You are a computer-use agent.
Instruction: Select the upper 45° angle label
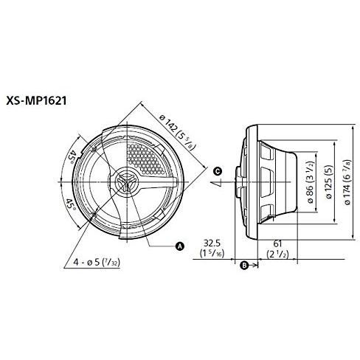click(x=72, y=158)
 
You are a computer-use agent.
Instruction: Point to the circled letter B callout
click(x=245, y=264)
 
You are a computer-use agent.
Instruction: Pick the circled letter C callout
click(x=216, y=171)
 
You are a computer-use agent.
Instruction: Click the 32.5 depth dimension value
click(x=213, y=240)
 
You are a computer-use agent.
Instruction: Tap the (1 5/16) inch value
click(x=213, y=254)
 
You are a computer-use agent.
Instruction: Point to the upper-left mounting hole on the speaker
click(x=95, y=147)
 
